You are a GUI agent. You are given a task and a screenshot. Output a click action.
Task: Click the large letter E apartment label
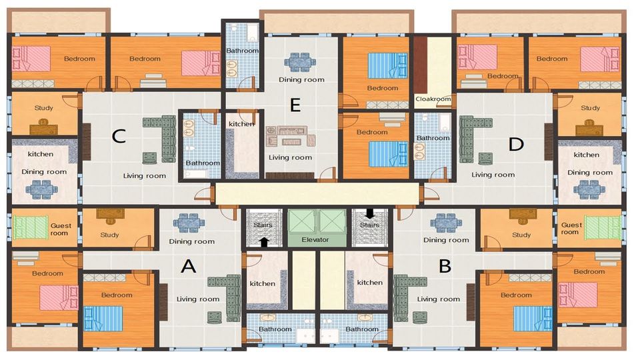(295, 105)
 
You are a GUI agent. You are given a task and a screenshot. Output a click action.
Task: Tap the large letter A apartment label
(188, 266)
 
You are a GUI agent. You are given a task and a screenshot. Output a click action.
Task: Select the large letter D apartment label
(516, 144)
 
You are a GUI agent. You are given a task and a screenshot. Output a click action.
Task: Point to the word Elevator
(315, 239)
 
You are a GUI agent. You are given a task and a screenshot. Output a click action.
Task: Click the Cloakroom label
(433, 99)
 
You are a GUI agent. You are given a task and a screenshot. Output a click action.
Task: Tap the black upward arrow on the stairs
(264, 241)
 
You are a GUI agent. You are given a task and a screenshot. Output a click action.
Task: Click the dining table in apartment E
(300, 62)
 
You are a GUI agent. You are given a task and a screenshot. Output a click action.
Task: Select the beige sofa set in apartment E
(291, 136)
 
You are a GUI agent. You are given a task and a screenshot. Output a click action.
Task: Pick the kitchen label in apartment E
(241, 124)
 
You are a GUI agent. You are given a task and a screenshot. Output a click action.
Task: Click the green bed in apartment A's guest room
(30, 227)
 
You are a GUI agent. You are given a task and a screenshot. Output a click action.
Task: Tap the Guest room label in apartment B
(571, 228)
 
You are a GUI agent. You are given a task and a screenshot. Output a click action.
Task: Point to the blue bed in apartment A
(103, 319)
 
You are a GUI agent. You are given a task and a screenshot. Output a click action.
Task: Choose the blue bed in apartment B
(533, 319)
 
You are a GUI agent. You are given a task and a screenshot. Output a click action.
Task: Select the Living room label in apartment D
(493, 175)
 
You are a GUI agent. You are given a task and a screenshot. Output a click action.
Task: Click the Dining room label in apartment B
(446, 240)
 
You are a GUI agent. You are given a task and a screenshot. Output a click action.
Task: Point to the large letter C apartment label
(119, 136)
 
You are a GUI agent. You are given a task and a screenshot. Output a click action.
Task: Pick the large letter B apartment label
(445, 266)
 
